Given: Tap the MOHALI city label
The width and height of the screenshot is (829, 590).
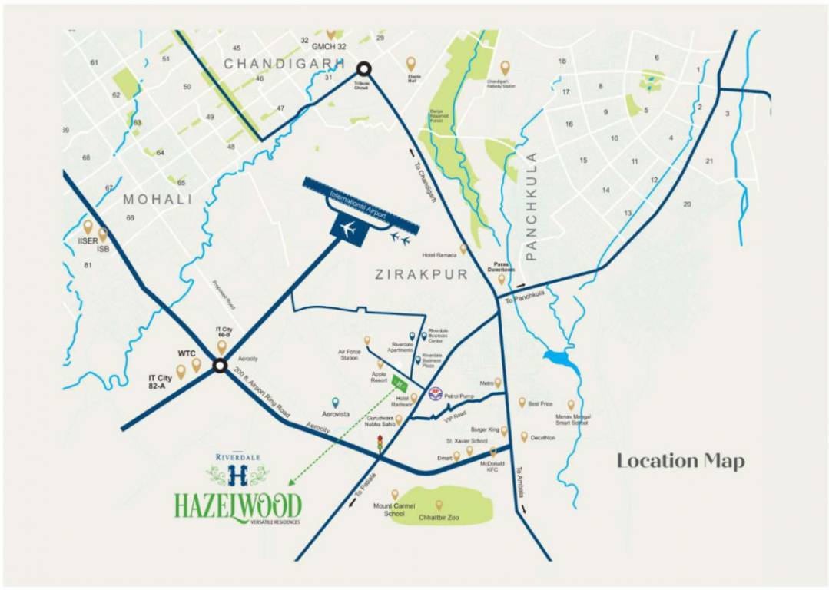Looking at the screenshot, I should [x=158, y=200].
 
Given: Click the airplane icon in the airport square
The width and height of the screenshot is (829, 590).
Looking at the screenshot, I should [x=350, y=228].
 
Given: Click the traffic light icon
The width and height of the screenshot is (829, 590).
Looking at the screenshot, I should [x=380, y=444].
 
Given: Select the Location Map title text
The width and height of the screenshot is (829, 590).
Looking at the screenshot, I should [x=681, y=461].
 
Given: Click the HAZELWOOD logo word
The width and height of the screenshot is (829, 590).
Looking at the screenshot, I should [x=237, y=505].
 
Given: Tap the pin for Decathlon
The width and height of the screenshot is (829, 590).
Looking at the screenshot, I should [x=525, y=436].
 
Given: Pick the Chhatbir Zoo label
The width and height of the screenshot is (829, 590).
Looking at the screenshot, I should [x=439, y=519].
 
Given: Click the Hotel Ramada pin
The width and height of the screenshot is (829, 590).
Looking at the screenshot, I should [x=463, y=249].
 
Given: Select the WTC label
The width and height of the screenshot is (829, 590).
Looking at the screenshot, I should [x=187, y=353].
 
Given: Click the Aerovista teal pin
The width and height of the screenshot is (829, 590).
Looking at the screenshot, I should [x=335, y=402].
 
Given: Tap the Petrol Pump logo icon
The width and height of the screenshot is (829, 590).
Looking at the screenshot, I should [x=435, y=392].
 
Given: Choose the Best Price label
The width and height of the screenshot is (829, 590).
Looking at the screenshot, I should [x=540, y=402].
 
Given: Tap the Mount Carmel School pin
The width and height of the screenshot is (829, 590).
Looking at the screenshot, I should [x=395, y=494].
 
